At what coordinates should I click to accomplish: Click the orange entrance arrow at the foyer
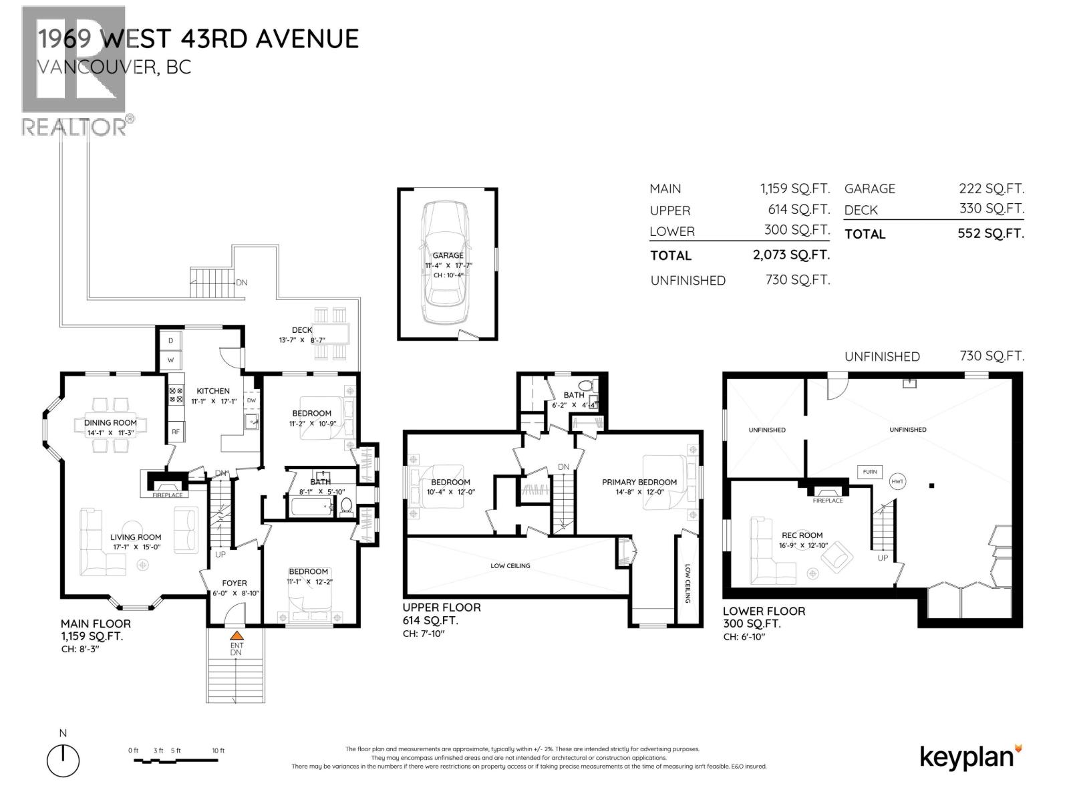point(236,636)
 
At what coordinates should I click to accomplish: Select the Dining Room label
point(110,422)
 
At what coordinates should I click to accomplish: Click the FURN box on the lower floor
point(869,472)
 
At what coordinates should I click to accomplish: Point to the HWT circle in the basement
point(897,481)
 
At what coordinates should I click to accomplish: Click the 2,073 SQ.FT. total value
point(791,255)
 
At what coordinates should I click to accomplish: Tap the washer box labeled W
point(170,360)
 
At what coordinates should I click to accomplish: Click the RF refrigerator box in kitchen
point(175,432)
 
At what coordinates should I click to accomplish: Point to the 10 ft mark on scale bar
point(218,751)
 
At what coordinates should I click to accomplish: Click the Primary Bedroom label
point(639,482)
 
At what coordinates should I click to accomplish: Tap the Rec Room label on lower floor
point(802,535)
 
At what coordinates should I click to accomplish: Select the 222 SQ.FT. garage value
point(991,188)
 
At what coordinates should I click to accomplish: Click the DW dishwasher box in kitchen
point(251,400)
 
